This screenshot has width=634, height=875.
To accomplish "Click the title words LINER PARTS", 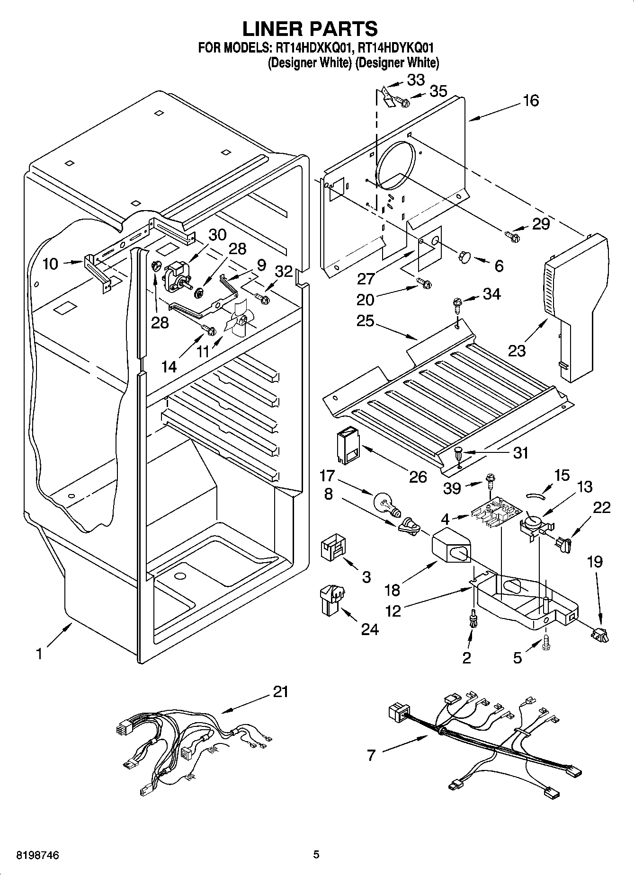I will pos(310,28).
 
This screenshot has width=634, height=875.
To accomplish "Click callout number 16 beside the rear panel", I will pos(531,100).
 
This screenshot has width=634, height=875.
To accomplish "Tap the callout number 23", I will pos(517,351).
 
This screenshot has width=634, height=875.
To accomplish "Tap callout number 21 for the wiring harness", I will pos(280,692).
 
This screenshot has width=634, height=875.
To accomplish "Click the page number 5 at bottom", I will pos(316,854).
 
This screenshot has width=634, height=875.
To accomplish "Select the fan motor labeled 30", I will pos(175,276).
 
